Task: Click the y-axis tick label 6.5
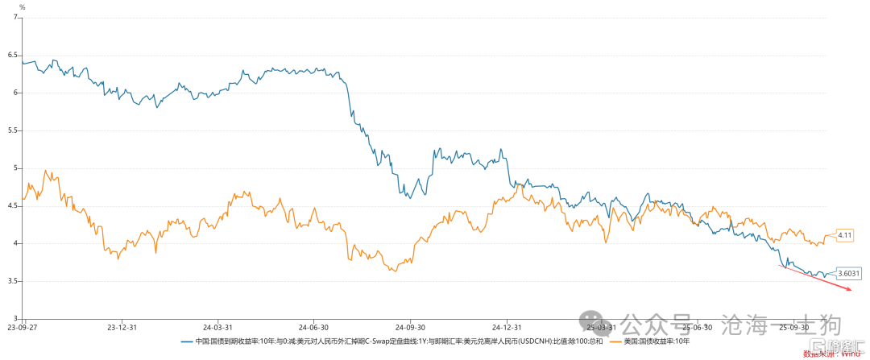(x=13, y=55)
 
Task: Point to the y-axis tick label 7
(x=15, y=17)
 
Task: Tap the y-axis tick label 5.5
(x=13, y=130)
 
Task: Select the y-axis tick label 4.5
(x=13, y=205)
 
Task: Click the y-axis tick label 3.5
(x=13, y=281)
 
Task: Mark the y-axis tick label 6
(x=15, y=93)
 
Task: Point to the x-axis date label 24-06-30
(x=313, y=328)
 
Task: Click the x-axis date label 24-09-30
(x=410, y=328)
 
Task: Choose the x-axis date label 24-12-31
(x=507, y=328)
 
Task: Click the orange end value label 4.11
(x=845, y=235)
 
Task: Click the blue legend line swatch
(x=187, y=341)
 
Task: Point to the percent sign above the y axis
(x=22, y=7)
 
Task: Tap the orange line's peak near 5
(x=46, y=171)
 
